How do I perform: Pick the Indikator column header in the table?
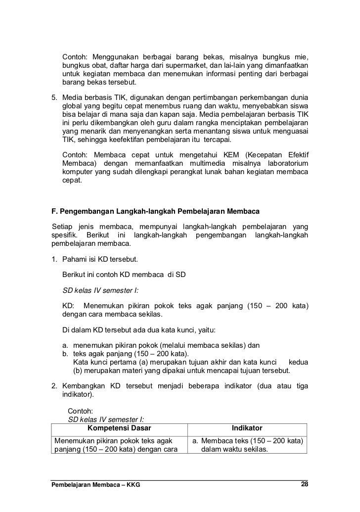(x=247, y=428)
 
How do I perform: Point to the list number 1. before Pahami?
(x=55, y=260)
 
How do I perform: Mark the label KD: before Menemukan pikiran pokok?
(x=69, y=305)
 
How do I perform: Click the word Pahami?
(x=74, y=260)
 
